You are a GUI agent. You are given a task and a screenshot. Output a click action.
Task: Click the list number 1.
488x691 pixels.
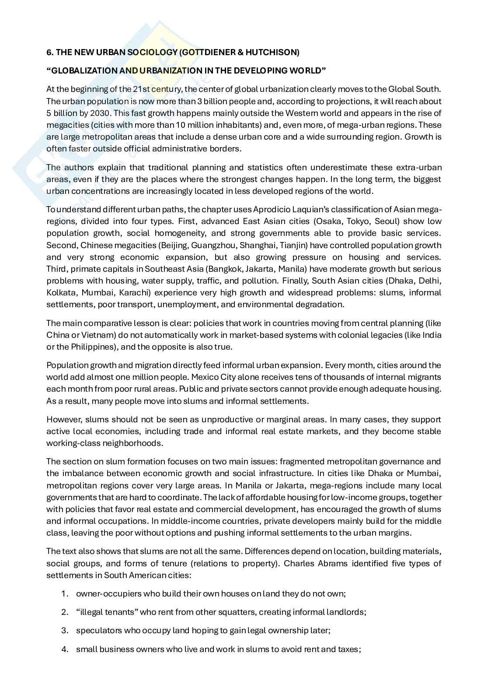point(64,594)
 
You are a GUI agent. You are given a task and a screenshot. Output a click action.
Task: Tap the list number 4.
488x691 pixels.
point(64,649)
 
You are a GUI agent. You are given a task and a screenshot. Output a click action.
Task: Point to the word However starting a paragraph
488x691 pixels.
point(62,419)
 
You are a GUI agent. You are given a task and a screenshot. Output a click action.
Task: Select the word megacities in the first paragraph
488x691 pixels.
point(66,125)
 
